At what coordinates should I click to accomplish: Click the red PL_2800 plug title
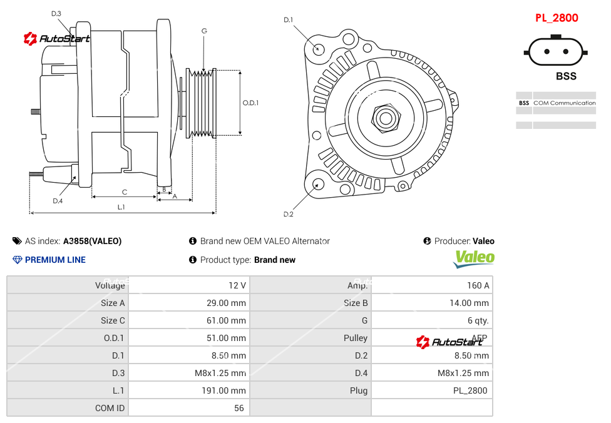click(557, 18)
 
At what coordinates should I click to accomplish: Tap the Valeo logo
click(474, 258)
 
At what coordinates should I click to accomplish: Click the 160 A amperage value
click(478, 285)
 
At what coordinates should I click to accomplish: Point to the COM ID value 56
click(239, 408)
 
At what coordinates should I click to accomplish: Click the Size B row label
click(356, 303)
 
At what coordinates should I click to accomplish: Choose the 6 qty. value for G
click(478, 320)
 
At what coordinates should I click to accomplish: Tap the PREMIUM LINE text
click(55, 260)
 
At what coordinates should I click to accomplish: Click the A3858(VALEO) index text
click(92, 241)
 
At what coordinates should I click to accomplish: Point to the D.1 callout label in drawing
click(288, 20)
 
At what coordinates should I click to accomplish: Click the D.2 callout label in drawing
click(288, 215)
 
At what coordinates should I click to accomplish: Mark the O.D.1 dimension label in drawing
click(250, 103)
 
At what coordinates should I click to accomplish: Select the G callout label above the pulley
click(204, 31)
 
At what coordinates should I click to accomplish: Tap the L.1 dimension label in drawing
click(121, 207)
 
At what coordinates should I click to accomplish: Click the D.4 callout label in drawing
click(58, 201)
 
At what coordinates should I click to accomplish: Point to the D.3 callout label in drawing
click(56, 13)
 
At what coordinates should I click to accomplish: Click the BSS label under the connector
click(566, 76)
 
